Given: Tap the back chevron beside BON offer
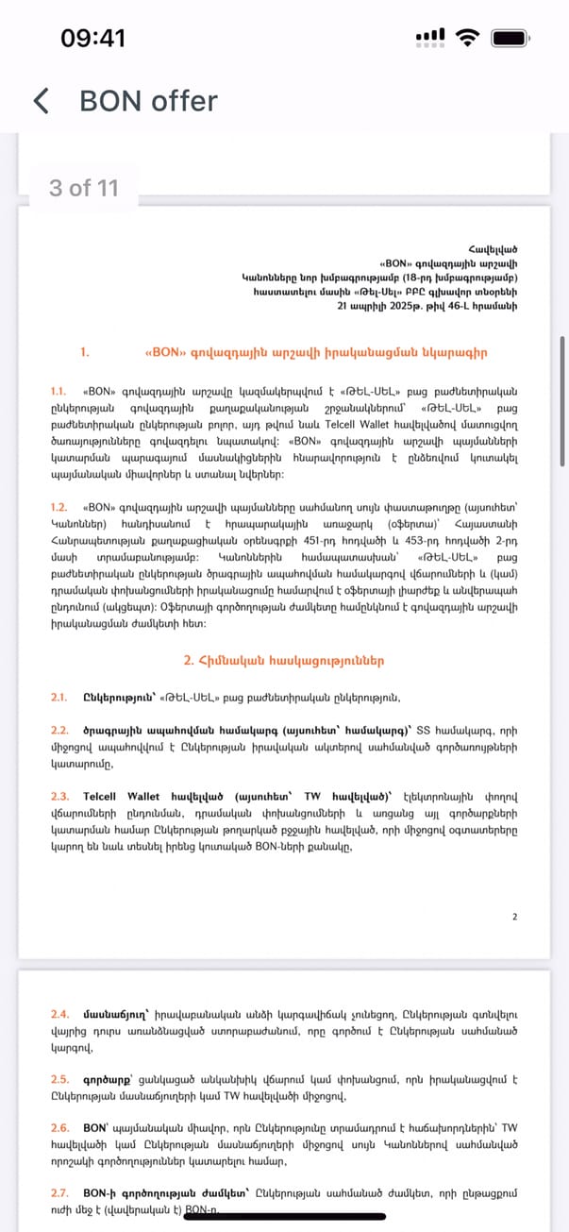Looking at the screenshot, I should click(41, 101).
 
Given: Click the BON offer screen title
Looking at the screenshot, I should click(148, 101).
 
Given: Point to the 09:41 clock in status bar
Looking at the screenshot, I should click(92, 38).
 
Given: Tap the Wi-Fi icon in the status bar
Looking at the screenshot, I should click(466, 38).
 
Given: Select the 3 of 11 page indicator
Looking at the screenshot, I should click(84, 188).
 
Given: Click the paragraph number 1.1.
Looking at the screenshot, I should click(59, 391).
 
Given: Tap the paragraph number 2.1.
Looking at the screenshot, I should click(59, 698).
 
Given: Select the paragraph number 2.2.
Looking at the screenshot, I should click(59, 730).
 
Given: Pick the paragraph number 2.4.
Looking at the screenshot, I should click(59, 1014).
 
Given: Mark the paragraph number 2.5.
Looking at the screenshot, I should click(59, 1078).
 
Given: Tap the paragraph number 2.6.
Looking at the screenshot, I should click(59, 1127).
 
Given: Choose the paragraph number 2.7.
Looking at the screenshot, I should click(59, 1191).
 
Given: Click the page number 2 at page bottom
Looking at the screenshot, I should click(514, 916).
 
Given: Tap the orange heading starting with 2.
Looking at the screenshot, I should click(283, 661).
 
